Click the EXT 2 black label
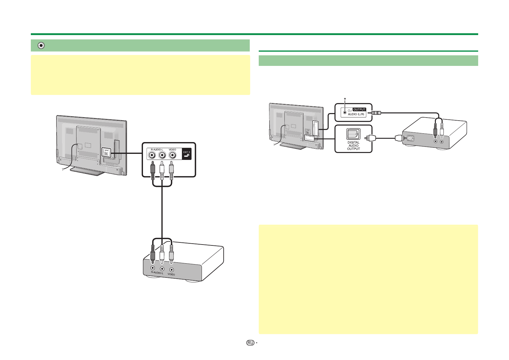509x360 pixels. (187, 154)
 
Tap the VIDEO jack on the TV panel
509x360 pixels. (172, 155)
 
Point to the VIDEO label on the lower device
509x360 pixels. (171, 274)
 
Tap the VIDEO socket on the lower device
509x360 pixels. (172, 269)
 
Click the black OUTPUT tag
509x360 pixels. (360, 109)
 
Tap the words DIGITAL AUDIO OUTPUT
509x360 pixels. (353, 145)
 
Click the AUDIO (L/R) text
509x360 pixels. (357, 114)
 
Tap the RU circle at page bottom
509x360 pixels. (250, 343)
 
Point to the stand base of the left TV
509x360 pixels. (88, 171)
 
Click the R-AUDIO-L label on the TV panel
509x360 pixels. (157, 150)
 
